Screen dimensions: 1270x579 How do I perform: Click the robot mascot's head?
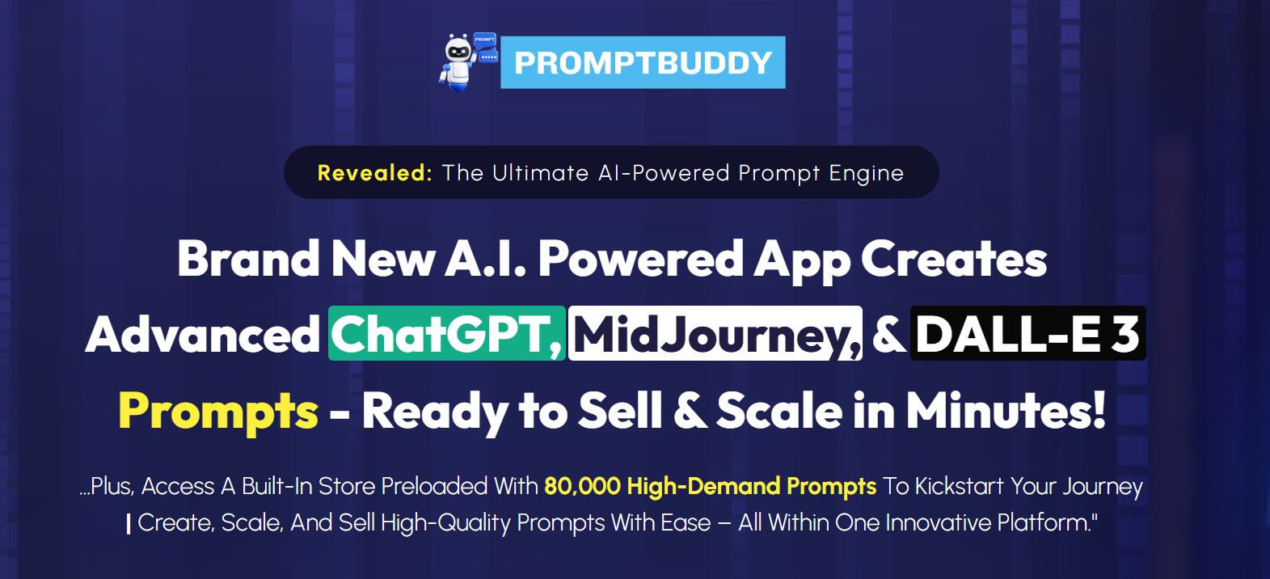tap(458, 51)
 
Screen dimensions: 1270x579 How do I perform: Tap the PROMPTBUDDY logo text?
tap(643, 62)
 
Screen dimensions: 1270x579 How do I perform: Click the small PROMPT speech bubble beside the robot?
tap(485, 39)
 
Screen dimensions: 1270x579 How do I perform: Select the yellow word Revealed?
tap(375, 173)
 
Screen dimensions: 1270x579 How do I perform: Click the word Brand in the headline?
tap(248, 259)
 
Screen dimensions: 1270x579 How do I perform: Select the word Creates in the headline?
tap(954, 259)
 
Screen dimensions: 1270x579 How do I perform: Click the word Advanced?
tap(203, 335)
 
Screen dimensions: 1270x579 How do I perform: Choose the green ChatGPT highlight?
tap(447, 333)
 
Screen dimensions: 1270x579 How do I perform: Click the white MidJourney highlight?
tap(715, 333)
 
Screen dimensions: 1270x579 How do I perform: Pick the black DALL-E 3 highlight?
tap(1028, 333)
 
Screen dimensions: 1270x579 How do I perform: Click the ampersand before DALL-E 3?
tap(888, 335)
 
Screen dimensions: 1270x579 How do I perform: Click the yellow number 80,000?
tap(582, 487)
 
